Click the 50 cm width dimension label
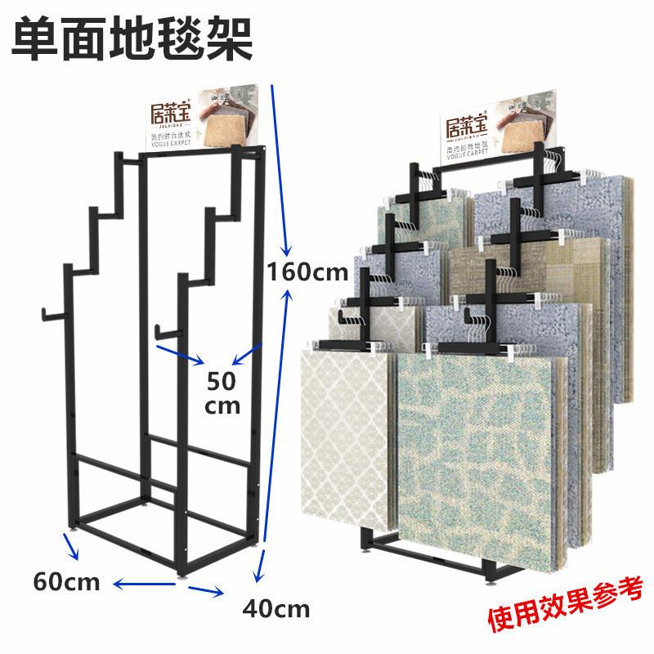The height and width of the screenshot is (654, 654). click(x=222, y=392)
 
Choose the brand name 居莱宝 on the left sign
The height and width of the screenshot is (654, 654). click(x=168, y=110)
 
